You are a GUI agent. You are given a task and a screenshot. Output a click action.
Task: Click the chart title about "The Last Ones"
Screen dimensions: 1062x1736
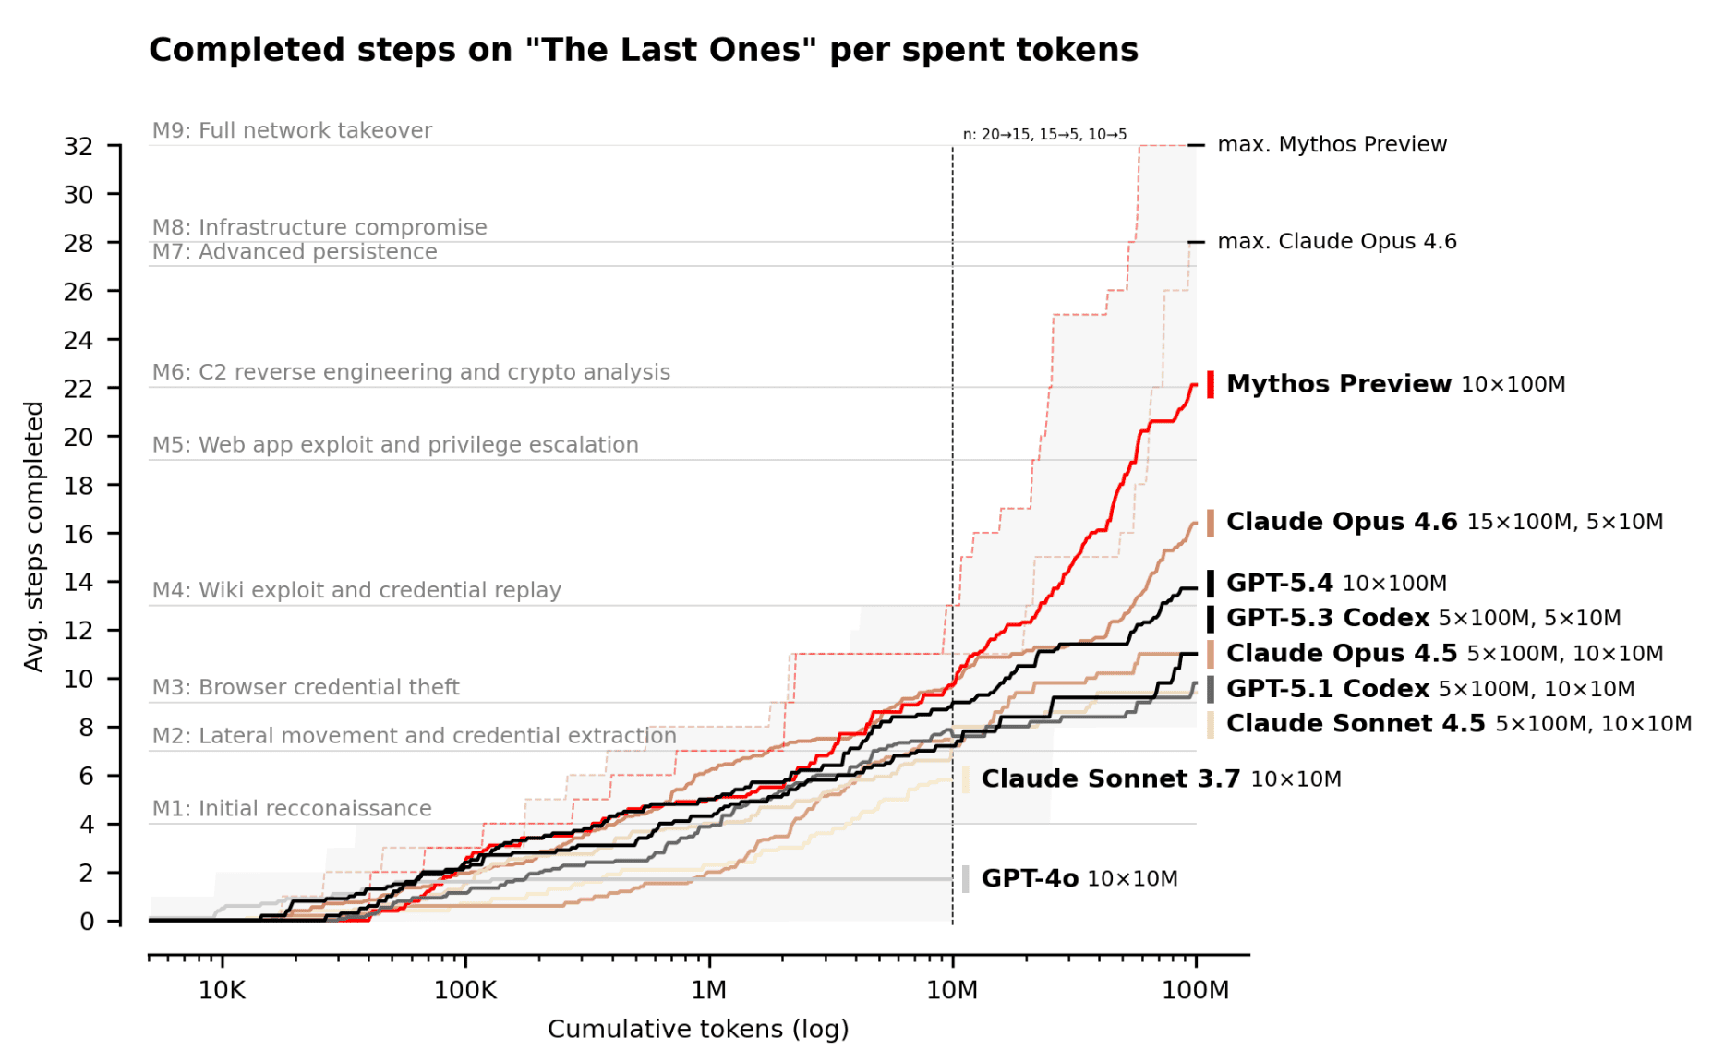[x=643, y=50]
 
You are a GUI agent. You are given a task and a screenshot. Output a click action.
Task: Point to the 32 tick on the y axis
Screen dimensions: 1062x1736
[x=78, y=146]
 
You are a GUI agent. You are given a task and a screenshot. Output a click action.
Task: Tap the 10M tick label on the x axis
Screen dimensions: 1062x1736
[x=952, y=991]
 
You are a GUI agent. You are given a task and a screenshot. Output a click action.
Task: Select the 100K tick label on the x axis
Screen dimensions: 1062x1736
[x=465, y=991]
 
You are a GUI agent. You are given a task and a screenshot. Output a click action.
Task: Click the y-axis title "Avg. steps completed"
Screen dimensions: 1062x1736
[x=34, y=537]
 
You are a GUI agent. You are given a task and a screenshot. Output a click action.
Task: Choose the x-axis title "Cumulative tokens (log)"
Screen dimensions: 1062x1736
[x=698, y=1029]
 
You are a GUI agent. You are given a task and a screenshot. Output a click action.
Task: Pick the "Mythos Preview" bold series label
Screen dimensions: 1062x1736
[x=1338, y=384]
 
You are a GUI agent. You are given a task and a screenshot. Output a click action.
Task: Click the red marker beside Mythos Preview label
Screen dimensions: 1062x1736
[x=1211, y=384]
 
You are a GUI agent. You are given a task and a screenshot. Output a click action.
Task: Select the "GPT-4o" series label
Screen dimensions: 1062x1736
[x=1030, y=878]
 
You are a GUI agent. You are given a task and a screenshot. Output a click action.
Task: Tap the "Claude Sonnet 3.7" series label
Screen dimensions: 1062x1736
[x=1110, y=778]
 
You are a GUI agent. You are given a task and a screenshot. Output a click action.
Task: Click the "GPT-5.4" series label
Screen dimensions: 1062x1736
[x=1279, y=583]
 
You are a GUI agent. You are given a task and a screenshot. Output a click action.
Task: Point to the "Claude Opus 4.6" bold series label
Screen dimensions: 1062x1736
[x=1341, y=522]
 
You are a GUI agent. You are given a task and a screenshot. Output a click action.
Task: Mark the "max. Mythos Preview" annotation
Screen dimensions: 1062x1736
[x=1332, y=145]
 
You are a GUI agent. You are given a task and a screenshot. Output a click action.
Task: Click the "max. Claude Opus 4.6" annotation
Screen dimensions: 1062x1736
[x=1336, y=242]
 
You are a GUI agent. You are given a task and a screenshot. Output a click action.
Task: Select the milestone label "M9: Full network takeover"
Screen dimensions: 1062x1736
[x=292, y=130]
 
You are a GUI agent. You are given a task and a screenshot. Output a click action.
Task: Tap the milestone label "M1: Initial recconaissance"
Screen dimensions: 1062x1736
[x=292, y=808]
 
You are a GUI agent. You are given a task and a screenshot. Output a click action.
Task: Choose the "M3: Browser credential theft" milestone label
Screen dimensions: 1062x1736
[x=306, y=687]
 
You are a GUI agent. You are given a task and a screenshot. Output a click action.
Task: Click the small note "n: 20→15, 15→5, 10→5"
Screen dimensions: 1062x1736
[x=1044, y=135]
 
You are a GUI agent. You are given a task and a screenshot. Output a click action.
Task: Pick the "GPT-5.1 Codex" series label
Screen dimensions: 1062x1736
[x=1327, y=689]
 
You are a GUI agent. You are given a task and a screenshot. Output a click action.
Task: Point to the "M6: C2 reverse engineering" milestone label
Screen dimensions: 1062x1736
[x=411, y=372]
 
